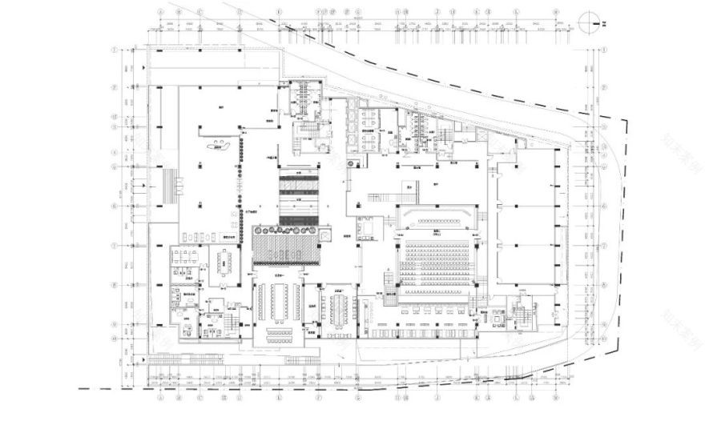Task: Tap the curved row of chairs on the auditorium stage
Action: [437, 219]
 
